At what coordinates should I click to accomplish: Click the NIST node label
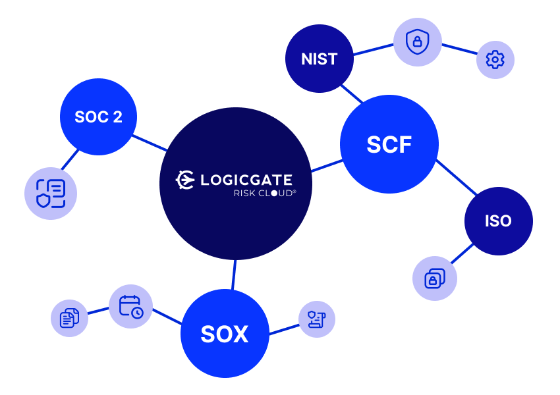tap(320, 59)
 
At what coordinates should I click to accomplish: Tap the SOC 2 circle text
tap(98, 117)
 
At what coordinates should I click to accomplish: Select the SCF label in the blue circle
tap(389, 145)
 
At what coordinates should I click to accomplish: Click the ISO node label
tap(498, 221)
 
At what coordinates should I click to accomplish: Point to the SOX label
tap(225, 334)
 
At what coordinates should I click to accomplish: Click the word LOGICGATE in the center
tap(246, 180)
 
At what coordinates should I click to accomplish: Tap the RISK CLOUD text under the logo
tap(264, 194)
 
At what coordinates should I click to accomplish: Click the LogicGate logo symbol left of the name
tap(185, 180)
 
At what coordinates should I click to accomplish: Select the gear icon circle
tap(495, 60)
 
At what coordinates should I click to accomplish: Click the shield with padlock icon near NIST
tap(417, 42)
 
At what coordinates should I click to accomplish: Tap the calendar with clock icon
tap(130, 307)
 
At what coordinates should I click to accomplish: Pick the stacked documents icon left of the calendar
tap(69, 318)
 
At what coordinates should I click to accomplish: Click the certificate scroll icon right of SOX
tap(317, 319)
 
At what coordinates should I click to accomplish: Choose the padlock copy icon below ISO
tap(434, 278)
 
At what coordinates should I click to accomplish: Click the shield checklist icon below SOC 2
tap(51, 194)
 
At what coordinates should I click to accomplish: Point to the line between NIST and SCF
tap(352, 94)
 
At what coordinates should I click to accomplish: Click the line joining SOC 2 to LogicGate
tap(150, 142)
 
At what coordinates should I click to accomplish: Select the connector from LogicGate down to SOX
tap(234, 275)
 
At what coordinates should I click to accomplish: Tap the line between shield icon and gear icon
tap(459, 49)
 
